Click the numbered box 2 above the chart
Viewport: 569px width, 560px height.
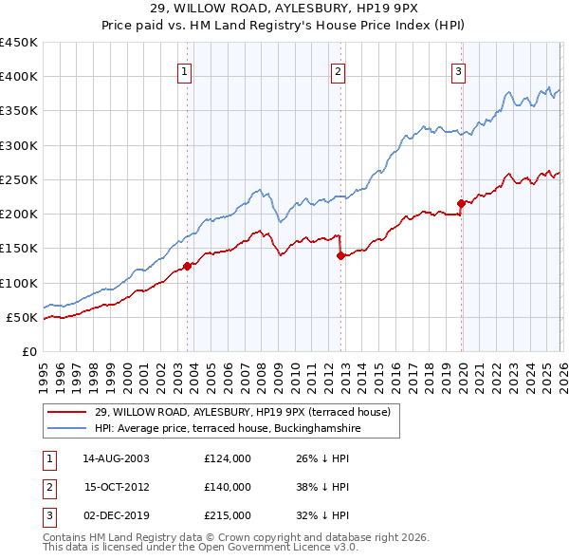(x=339, y=69)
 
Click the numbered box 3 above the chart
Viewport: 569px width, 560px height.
(x=458, y=69)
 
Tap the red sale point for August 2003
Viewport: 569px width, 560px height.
(x=187, y=266)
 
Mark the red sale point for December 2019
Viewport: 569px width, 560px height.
(x=461, y=203)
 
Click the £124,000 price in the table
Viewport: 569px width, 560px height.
(x=228, y=457)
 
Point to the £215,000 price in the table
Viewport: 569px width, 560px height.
(x=228, y=516)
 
